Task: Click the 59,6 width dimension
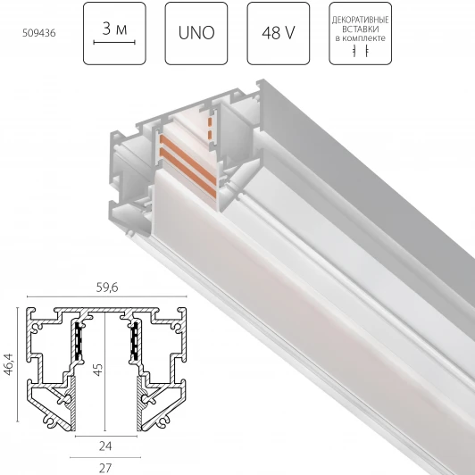(x=107, y=287)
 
